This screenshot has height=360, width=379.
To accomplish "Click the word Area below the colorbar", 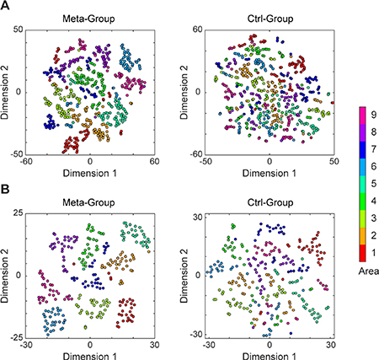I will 365,271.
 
